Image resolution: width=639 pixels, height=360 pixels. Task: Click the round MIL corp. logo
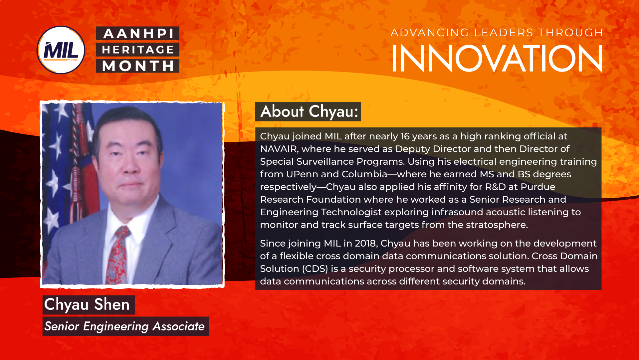[x=61, y=50]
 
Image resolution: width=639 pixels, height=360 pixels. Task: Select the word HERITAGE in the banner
[x=138, y=50]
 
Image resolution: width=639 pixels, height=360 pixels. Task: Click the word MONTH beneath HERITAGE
[x=138, y=66]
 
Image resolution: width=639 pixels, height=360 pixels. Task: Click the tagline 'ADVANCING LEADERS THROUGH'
[x=497, y=33]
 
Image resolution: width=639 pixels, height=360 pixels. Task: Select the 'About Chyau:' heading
[x=309, y=111]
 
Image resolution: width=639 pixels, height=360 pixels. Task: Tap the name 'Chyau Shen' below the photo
[x=87, y=304]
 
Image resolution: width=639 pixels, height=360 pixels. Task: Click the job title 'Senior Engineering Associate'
[x=124, y=326]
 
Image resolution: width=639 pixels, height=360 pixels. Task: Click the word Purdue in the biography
[x=538, y=187]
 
